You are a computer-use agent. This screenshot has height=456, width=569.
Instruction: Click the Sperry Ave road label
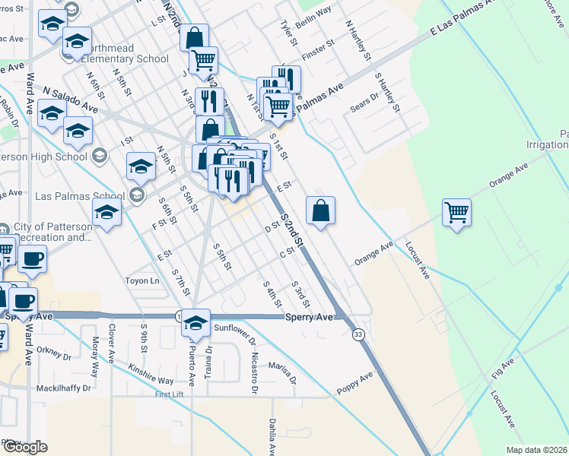pos(310,317)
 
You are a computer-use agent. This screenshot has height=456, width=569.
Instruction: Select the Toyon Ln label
pos(144,281)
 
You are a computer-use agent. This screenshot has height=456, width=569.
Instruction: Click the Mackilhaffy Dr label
pos(64,388)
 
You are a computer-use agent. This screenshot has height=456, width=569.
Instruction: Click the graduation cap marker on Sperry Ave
pos(195,322)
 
